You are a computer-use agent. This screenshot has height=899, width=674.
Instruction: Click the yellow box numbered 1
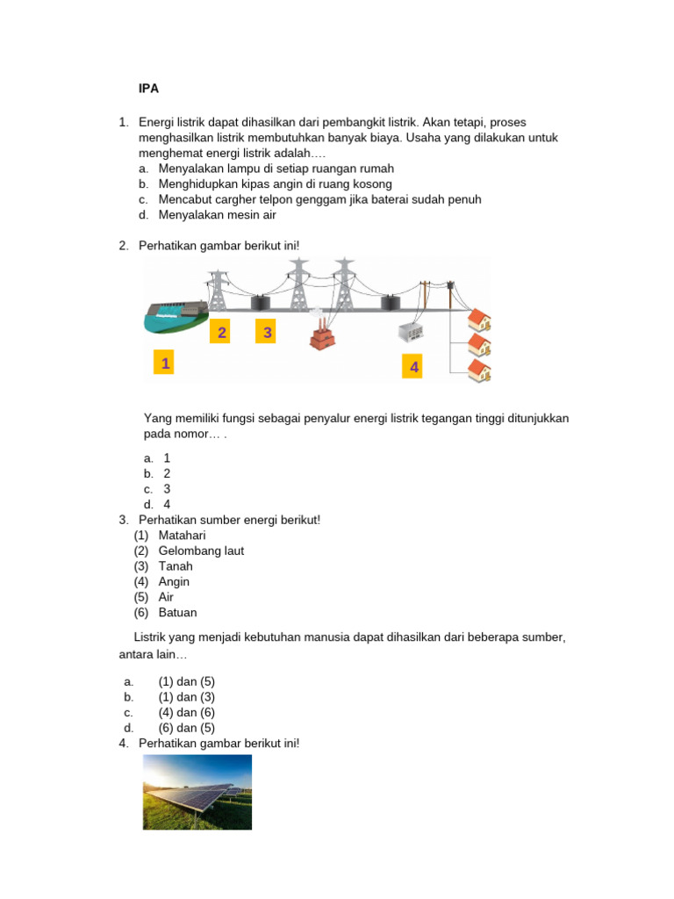coord(164,363)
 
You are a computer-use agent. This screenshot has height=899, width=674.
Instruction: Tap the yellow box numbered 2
coord(221,333)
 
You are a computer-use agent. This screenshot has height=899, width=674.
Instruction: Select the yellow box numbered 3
coord(267,333)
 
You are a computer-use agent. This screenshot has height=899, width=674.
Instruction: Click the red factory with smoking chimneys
coord(322,333)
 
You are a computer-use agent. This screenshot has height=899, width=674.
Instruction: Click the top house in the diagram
coord(479,318)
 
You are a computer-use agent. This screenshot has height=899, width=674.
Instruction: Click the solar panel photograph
coord(197,792)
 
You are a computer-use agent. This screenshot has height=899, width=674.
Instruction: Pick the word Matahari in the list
coord(182,536)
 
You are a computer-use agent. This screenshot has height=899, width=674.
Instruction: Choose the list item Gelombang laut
coord(201,551)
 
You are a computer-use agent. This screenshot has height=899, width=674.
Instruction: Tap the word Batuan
coord(178,613)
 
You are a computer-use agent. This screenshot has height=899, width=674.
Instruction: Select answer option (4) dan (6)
coord(186,713)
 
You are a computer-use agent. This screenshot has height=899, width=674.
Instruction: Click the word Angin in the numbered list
coord(174,582)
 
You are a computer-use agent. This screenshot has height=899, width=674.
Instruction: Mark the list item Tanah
coord(176,566)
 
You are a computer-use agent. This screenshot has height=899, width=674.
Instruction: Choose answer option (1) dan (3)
coord(186,697)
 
